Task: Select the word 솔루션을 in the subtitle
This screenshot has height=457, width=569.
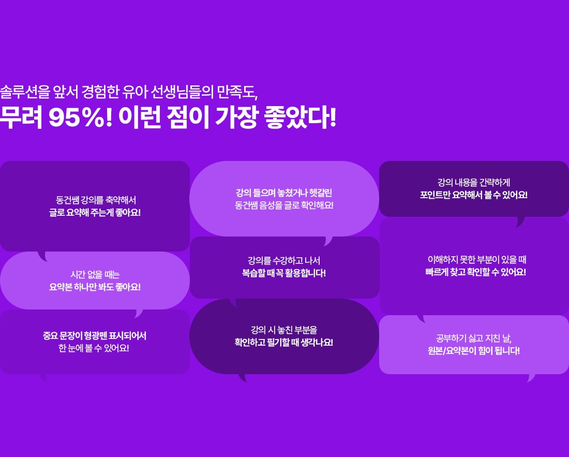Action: click(24, 92)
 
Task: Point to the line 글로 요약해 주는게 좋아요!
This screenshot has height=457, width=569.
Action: click(95, 212)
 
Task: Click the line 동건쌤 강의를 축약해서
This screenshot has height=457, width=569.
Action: click(96, 200)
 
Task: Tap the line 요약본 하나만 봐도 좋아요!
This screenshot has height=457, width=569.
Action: click(95, 287)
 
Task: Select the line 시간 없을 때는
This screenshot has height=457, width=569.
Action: click(95, 275)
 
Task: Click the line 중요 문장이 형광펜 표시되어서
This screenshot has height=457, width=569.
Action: click(94, 336)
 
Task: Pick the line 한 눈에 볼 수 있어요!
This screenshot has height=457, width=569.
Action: click(94, 348)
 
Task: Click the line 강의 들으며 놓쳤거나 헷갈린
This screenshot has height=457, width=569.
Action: click(284, 193)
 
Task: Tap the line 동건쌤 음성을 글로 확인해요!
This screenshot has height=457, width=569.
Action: click(284, 205)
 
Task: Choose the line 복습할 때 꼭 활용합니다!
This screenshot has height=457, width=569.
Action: click(284, 273)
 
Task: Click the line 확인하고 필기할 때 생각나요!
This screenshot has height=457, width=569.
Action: click(284, 342)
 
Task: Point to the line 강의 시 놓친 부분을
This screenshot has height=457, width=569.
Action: click(284, 330)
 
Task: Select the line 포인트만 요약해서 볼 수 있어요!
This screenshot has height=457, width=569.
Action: click(473, 195)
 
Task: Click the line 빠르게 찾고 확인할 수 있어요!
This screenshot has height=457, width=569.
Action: click(476, 272)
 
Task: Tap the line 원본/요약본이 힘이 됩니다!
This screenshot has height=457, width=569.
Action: click(473, 351)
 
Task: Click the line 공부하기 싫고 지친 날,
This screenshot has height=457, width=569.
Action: click(473, 338)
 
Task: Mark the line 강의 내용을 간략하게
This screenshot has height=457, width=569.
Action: click(473, 183)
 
